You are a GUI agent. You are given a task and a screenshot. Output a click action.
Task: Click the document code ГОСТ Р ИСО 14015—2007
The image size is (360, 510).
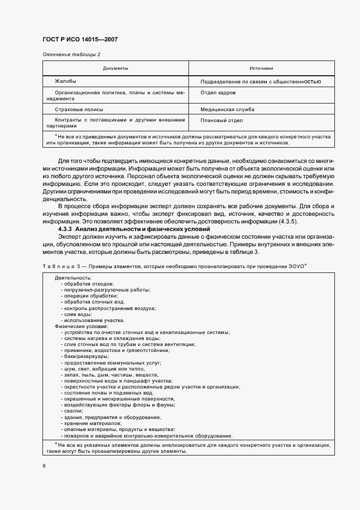click(80, 40)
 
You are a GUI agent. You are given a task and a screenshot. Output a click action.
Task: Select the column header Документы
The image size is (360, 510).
click(115, 68)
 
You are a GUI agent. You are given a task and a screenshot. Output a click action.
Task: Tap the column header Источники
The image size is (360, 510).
click(261, 68)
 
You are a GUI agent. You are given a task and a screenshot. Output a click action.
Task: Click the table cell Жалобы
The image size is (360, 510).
click(65, 81)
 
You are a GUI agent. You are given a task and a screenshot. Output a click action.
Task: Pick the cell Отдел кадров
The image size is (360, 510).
click(216, 93)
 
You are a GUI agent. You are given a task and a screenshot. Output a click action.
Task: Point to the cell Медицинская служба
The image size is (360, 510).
click(228, 110)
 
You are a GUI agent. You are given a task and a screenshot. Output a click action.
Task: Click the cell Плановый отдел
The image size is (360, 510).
click(222, 120)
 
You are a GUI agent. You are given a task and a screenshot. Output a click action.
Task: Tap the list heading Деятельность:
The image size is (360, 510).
click(73, 278)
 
